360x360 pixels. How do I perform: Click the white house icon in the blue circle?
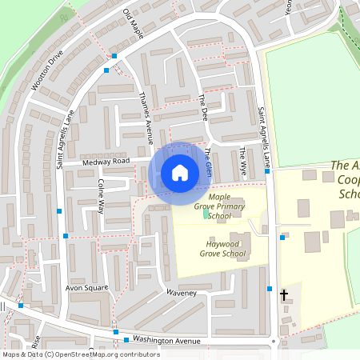coord(180,173)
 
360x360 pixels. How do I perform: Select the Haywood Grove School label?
coord(222,249)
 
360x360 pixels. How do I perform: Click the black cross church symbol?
coord(283,296)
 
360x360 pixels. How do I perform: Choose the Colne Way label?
coord(101,195)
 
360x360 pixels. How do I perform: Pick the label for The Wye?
coord(242,158)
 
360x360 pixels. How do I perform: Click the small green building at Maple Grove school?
coord(207,214)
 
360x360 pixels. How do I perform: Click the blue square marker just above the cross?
coord(270,288)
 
